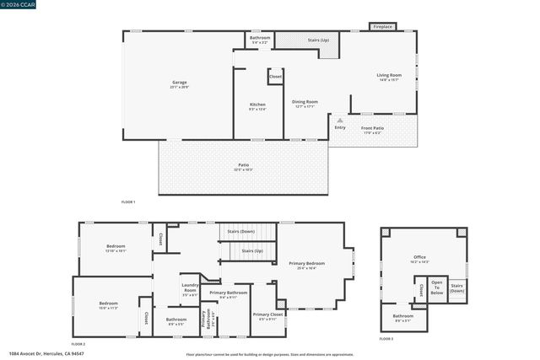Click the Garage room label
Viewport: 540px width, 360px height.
[179, 83]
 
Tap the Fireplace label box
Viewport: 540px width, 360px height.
[382, 27]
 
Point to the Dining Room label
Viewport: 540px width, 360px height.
[305, 105]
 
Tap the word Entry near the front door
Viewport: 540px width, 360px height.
[340, 127]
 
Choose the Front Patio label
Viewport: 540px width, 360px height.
[372, 130]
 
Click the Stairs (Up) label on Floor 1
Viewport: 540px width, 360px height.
[318, 40]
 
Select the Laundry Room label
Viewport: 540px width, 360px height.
[190, 289]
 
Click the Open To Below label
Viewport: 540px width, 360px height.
[436, 288]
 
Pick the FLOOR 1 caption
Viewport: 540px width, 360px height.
[128, 202]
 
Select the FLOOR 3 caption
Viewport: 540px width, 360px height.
[386, 338]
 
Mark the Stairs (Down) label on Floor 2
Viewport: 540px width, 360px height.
[241, 231]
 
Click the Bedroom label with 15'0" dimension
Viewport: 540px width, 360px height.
[108, 304]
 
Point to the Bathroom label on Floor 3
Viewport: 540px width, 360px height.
[403, 318]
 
